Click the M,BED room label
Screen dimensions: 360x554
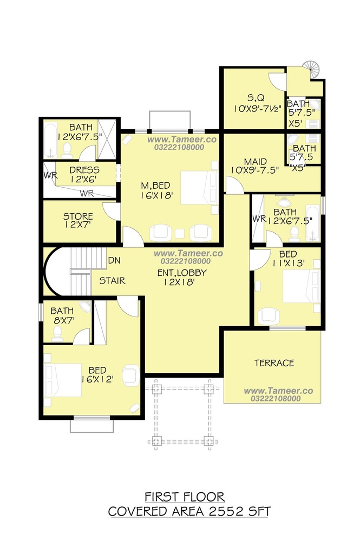click(x=155, y=186)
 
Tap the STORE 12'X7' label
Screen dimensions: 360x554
click(x=78, y=220)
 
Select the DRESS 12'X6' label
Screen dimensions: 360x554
click(x=84, y=175)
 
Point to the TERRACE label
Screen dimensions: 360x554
click(x=274, y=363)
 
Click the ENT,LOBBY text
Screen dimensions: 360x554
click(x=182, y=273)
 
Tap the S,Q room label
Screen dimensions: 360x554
click(x=256, y=97)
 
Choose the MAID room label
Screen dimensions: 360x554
click(x=256, y=162)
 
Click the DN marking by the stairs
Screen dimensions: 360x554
click(x=114, y=260)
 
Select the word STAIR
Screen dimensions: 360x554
click(x=112, y=281)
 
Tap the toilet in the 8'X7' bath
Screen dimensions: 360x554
click(x=57, y=333)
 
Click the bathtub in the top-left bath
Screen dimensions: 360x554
click(x=51, y=140)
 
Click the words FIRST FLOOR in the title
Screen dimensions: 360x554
click(x=185, y=497)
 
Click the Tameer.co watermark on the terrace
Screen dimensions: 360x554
click(x=278, y=391)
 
